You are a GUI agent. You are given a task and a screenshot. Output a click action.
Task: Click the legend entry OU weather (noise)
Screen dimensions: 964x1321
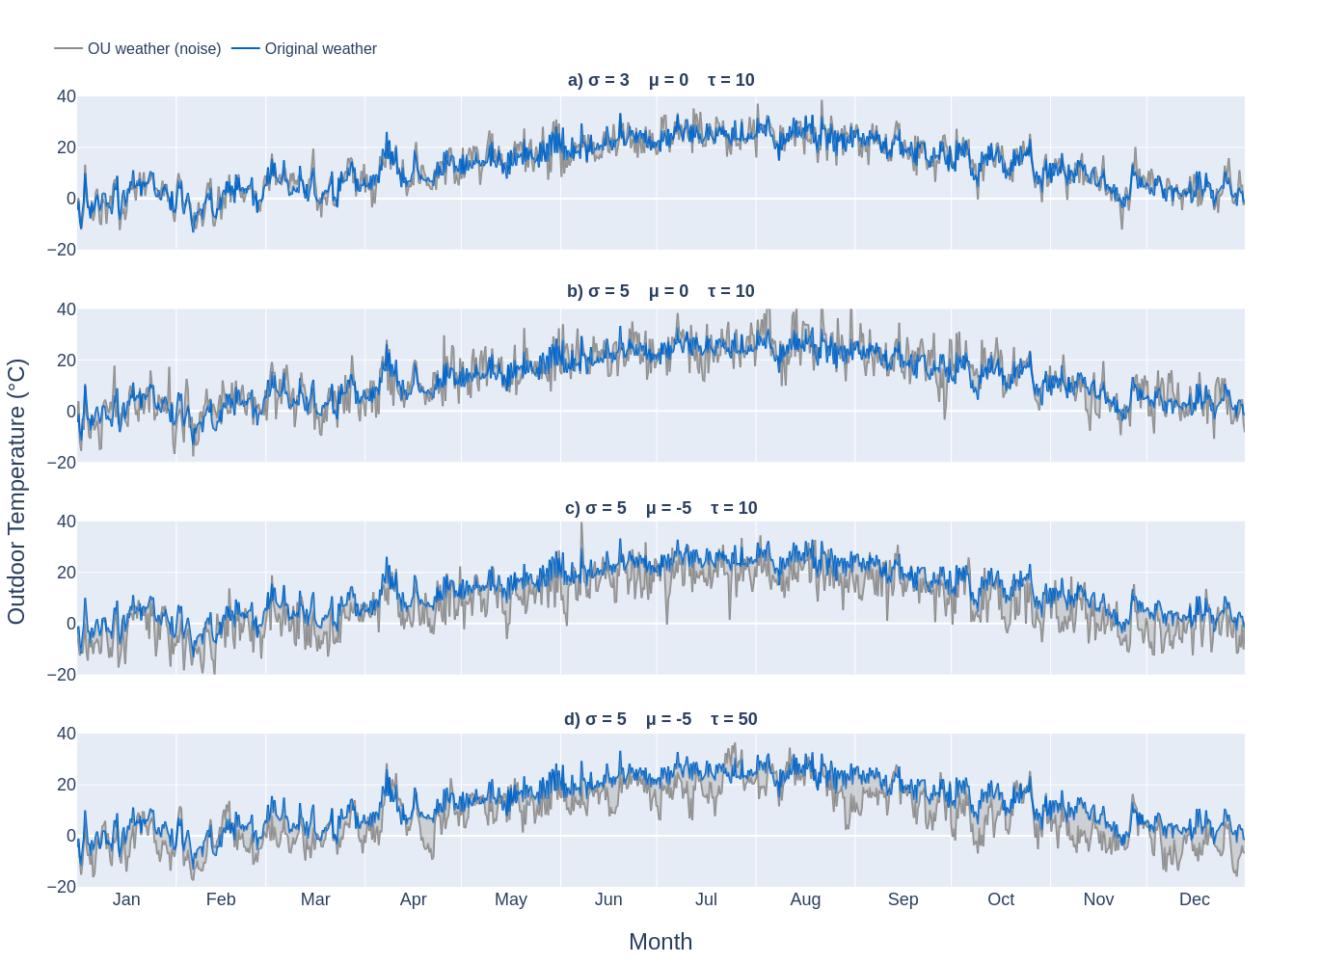[x=153, y=48]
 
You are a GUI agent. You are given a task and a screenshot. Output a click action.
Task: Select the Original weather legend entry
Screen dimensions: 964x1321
[x=320, y=48]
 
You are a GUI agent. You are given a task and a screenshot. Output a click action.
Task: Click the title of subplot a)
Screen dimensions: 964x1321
[x=660, y=80]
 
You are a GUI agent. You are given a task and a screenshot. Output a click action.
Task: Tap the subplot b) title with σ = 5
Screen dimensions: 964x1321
[x=660, y=291]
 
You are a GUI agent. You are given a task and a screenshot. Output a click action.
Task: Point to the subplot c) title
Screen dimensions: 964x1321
[x=660, y=508]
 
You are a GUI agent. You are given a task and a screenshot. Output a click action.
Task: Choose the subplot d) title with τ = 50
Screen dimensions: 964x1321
[x=660, y=719]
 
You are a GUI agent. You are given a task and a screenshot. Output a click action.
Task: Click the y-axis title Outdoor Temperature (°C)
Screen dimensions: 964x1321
[x=16, y=492]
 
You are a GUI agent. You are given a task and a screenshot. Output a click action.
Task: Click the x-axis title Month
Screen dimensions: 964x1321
[x=660, y=941]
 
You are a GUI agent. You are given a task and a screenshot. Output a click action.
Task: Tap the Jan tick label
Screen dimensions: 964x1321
[x=126, y=899]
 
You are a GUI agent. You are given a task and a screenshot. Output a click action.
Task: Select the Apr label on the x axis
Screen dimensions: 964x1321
[x=413, y=899]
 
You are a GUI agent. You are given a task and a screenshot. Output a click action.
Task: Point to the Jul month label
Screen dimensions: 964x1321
[x=706, y=899]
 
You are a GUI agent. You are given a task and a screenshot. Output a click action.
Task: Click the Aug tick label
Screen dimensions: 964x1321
[x=805, y=899]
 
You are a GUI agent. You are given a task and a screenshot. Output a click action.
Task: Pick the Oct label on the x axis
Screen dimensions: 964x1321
[x=1001, y=899]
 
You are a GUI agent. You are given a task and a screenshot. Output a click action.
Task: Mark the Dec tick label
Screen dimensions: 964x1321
[x=1194, y=899]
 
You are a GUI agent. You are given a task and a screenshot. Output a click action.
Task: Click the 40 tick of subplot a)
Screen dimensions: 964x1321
[x=66, y=96]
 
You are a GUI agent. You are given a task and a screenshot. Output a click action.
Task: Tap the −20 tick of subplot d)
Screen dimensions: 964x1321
[x=61, y=887]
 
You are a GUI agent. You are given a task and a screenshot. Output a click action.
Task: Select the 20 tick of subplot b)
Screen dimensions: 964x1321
[x=66, y=361]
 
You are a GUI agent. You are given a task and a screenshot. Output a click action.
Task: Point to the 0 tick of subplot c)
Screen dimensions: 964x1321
[x=70, y=624]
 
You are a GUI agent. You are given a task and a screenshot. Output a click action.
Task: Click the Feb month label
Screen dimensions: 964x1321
[x=221, y=899]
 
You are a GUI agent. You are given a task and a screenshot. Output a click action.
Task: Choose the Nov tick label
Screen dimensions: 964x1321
[x=1098, y=899]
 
